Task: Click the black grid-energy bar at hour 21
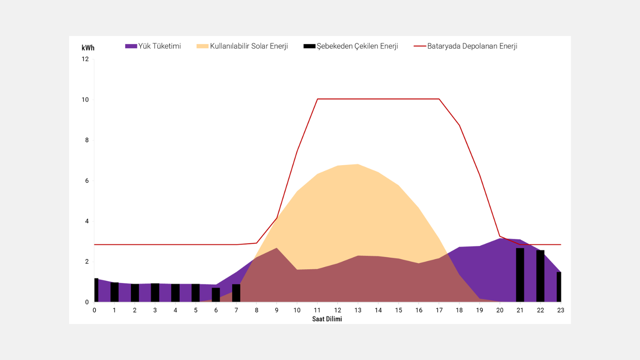(520, 275)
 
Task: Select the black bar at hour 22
(540, 276)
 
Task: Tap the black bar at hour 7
(236, 293)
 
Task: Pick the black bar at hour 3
(155, 292)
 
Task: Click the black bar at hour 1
(114, 292)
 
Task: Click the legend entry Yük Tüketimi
(153, 46)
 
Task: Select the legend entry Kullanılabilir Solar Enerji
(242, 46)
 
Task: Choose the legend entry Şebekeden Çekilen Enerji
(351, 46)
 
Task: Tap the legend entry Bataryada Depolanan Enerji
(466, 46)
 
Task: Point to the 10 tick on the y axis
(85, 100)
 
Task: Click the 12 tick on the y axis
(85, 59)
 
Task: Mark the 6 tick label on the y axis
(87, 180)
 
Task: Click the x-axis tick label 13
(358, 310)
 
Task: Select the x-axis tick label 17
(439, 310)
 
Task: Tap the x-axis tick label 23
(560, 310)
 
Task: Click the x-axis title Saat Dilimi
(327, 319)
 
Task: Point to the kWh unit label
(88, 48)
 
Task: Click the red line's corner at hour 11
(317, 99)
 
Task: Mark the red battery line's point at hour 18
(459, 125)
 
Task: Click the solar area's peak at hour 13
(358, 164)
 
